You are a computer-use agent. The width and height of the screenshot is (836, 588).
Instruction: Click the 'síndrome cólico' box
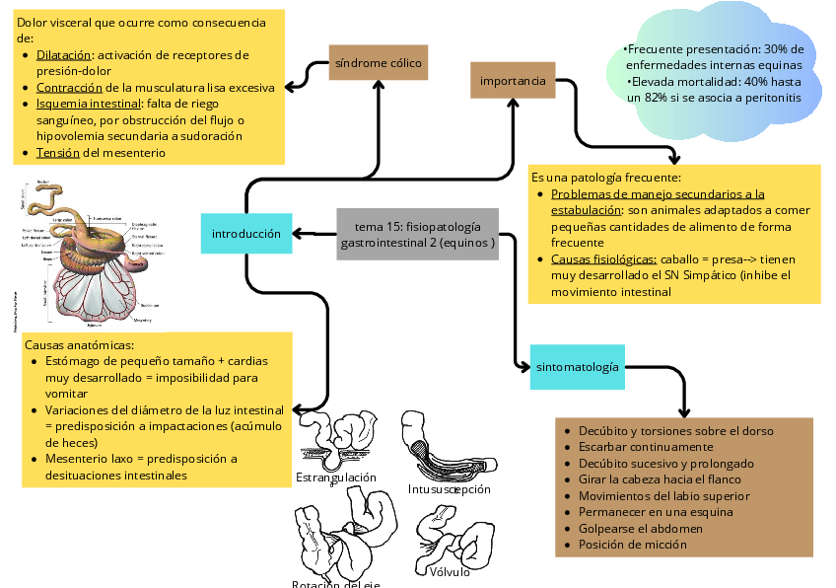click(x=378, y=63)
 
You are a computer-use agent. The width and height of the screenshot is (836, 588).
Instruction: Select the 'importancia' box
click(x=513, y=80)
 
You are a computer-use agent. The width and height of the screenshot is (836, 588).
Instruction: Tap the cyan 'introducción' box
click(x=246, y=234)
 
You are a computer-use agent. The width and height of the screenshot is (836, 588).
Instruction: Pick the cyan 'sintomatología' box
click(x=578, y=367)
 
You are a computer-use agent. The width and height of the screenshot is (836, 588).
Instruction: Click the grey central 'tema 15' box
click(x=418, y=234)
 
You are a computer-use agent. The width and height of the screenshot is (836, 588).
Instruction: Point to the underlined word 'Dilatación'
click(x=64, y=54)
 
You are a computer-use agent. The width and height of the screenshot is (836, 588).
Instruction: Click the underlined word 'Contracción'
click(x=70, y=87)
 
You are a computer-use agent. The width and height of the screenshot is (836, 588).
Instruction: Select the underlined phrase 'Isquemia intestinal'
click(x=88, y=104)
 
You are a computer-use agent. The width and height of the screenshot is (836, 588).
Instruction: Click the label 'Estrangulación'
click(x=336, y=478)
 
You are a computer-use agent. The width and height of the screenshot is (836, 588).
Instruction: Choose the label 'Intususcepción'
click(x=449, y=489)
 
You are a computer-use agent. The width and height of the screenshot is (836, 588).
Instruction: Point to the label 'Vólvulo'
click(x=450, y=572)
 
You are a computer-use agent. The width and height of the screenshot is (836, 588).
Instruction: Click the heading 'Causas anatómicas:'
click(x=79, y=345)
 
